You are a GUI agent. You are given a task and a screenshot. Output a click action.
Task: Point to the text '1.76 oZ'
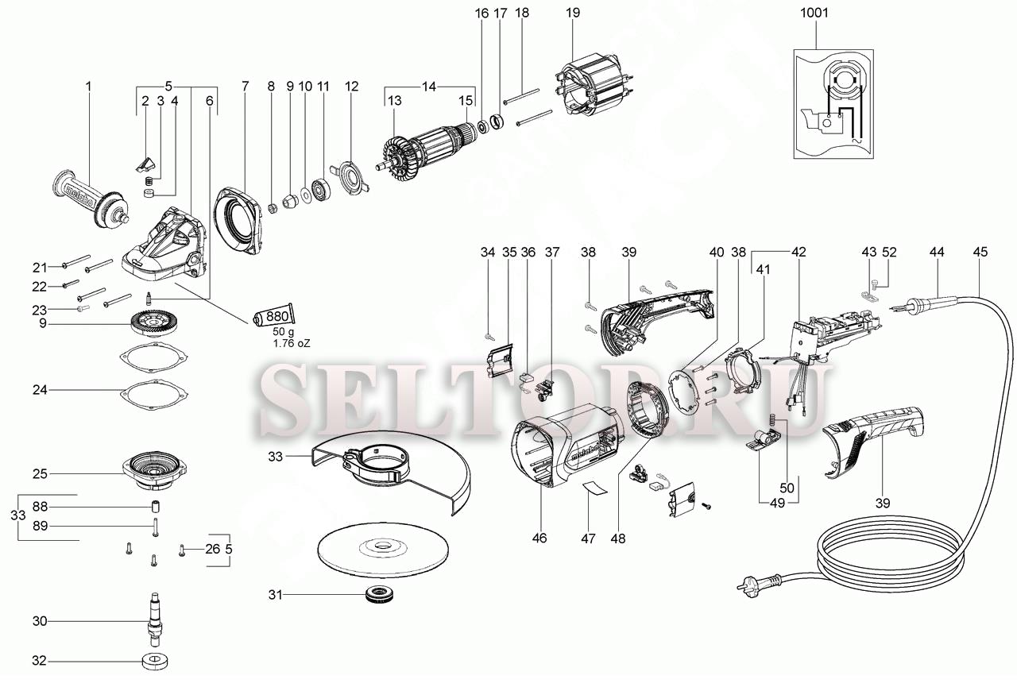292,343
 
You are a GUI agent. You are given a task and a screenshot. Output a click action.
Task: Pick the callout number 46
539,538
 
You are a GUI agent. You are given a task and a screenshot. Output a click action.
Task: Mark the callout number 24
41,390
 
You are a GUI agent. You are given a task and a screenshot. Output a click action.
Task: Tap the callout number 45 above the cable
980,252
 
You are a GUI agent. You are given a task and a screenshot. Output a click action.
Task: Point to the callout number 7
246,85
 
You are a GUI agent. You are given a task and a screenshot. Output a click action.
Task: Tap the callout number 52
888,252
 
